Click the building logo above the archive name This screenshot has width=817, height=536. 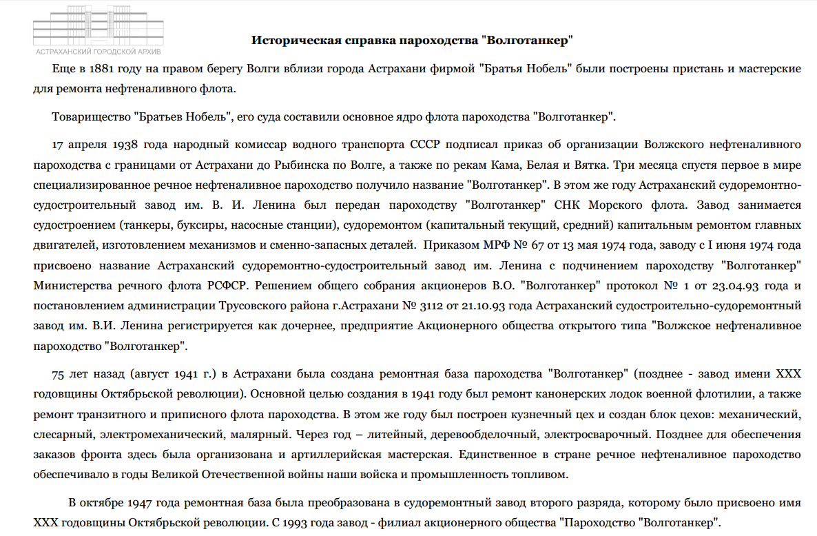[x=99, y=25]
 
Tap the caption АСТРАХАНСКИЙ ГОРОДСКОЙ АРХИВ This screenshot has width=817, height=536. [x=99, y=52]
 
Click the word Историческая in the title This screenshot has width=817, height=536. [x=295, y=40]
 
